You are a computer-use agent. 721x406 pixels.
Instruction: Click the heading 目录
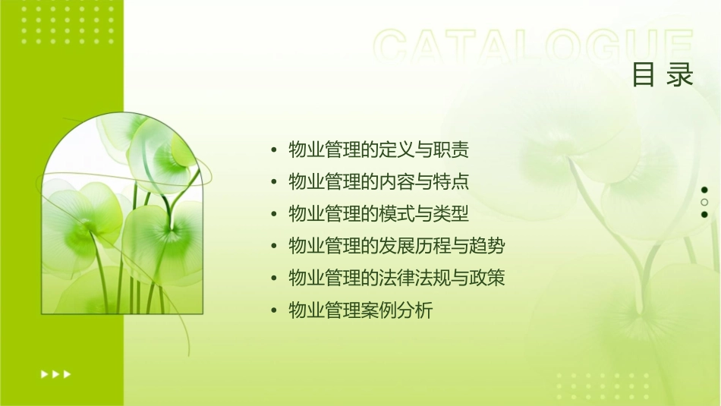click(x=663, y=75)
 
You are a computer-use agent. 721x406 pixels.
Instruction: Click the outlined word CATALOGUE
click(x=534, y=46)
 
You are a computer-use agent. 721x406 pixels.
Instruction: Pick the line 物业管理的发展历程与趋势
click(x=397, y=246)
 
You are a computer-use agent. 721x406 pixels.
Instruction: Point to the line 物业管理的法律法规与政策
click(x=397, y=278)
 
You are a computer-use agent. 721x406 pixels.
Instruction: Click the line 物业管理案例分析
click(x=360, y=310)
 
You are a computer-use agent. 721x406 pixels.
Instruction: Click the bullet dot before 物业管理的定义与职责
click(x=274, y=150)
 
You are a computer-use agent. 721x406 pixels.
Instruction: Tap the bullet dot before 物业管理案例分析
click(x=274, y=310)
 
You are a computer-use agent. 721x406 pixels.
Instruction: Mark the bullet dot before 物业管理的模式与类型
click(x=274, y=214)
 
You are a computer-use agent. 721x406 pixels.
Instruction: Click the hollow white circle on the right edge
click(x=704, y=202)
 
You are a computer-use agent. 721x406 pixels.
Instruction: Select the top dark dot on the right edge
click(x=704, y=190)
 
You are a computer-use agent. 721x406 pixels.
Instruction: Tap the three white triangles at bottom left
click(x=55, y=373)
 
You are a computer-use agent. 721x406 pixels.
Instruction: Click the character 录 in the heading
click(x=681, y=75)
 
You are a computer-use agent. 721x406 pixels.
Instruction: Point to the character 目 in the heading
click(x=644, y=75)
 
